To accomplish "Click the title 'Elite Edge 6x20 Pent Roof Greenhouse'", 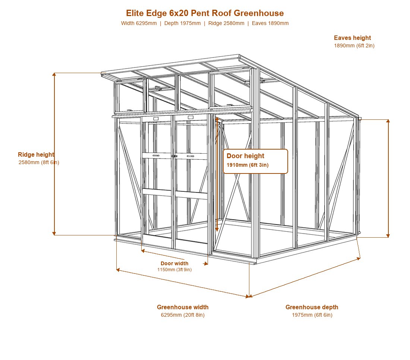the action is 205,13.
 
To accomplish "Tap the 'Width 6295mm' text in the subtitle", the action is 139,23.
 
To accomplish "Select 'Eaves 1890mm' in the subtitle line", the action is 270,23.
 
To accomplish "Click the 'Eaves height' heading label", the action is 352,38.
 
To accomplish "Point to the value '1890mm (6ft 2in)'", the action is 354,46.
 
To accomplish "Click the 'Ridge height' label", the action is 36,154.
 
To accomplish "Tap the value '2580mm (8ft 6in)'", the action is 39,162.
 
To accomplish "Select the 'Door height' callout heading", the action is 245,156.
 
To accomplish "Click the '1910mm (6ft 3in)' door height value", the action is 247,165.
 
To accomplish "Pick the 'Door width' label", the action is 174,263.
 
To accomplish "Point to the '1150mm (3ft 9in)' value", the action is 174,270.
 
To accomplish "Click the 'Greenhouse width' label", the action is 183,307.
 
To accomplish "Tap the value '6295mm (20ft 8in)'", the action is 183,315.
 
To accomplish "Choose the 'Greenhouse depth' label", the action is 312,307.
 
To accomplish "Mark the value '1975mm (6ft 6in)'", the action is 312,315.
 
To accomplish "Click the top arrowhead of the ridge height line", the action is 54,74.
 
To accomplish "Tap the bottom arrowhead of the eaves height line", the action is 388,236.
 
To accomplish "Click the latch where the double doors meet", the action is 174,156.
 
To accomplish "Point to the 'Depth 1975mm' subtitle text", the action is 183,23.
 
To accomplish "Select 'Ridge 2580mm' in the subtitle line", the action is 226,23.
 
